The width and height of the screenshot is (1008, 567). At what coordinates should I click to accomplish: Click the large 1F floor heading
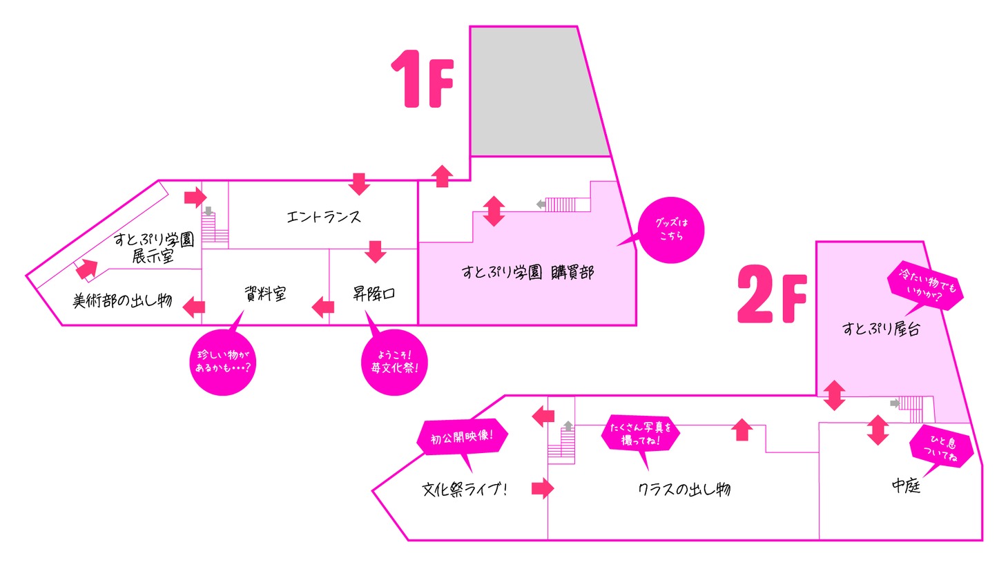click(x=422, y=79)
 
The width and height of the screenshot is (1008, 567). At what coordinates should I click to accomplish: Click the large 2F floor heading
click(x=772, y=295)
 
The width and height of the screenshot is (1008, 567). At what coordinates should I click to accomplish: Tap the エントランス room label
click(x=323, y=217)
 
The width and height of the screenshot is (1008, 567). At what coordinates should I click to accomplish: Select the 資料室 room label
click(x=265, y=294)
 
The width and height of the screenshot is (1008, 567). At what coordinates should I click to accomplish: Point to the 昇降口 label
click(x=374, y=294)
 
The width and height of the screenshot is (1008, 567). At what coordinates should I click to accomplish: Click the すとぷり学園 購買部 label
click(x=527, y=272)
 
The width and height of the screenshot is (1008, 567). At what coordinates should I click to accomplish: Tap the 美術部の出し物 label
click(x=122, y=300)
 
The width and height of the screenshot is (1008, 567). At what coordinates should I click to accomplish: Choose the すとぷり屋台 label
click(x=880, y=329)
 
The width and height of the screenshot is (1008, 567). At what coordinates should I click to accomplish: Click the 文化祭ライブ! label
click(x=465, y=489)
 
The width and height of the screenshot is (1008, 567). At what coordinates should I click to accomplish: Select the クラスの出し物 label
click(x=684, y=489)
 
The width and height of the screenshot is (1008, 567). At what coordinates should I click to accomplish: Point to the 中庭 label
click(x=906, y=486)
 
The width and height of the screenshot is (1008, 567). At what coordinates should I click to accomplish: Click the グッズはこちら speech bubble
click(x=670, y=229)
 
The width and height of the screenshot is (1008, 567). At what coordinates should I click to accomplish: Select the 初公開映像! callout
click(x=462, y=438)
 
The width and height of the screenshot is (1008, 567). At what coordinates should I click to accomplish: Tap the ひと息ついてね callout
click(x=942, y=448)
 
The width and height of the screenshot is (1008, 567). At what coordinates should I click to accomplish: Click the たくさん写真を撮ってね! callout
click(x=641, y=434)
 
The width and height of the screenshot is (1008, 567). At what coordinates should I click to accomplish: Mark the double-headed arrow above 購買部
click(x=494, y=211)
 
